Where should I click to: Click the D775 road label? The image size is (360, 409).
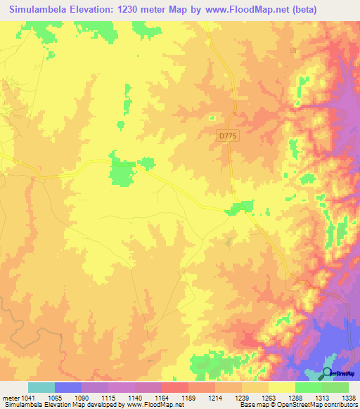click(225, 135)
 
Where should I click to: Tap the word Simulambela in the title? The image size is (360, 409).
click(43, 10)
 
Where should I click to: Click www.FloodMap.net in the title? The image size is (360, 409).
click(242, 10)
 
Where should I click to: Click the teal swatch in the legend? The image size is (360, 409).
click(41, 387)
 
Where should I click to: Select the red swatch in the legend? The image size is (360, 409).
click(174, 387)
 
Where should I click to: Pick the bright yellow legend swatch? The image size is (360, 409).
click(281, 387)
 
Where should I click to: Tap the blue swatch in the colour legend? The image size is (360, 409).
click(67, 387)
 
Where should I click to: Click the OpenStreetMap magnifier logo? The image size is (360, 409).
click(327, 373)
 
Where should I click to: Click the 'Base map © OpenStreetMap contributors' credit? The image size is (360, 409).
click(297, 405)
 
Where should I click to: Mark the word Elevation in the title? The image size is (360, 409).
click(99, 10)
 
